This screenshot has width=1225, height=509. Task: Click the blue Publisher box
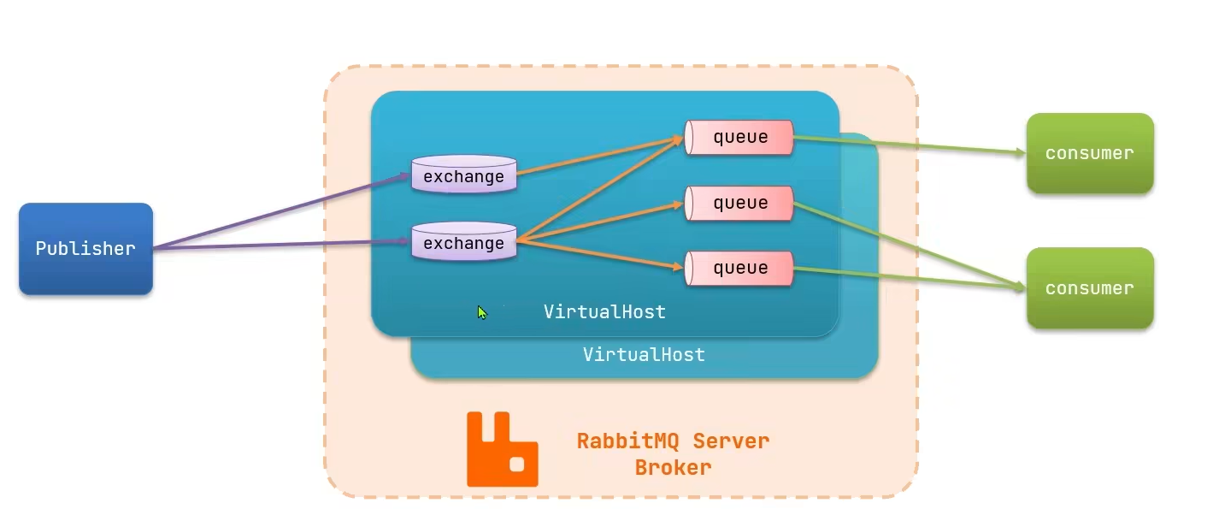85,249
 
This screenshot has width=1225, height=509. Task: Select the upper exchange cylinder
464,175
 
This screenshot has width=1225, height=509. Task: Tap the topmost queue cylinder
739,137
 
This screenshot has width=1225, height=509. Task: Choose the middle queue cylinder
739,203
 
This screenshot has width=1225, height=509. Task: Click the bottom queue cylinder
739,268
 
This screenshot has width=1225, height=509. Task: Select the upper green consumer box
1090,153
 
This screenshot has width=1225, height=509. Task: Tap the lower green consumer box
1090,288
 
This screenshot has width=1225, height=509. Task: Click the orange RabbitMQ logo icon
502,450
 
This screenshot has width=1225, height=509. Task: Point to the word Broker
673,468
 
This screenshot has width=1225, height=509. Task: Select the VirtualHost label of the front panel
604,312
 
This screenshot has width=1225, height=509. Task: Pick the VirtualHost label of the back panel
644,354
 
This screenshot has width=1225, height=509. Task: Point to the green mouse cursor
482,313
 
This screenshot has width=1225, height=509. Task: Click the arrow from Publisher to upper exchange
282,212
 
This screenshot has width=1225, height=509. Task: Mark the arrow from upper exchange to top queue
598,156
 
